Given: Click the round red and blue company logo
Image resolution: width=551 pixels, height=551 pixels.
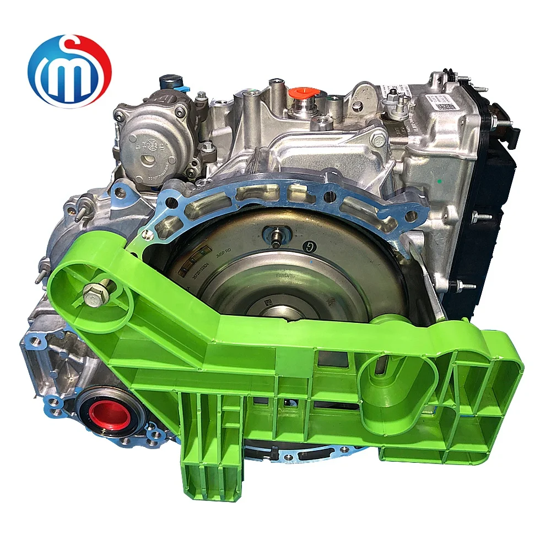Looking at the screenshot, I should point(69,71).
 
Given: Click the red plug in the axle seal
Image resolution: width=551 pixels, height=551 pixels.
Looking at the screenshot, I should point(105,415).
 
